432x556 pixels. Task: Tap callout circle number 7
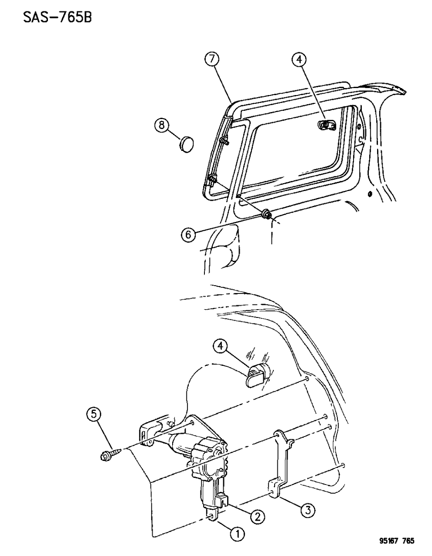tap(212, 60)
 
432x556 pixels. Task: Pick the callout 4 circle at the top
tap(299, 60)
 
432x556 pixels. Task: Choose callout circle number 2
tap(257, 517)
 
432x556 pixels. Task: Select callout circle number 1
tap(238, 533)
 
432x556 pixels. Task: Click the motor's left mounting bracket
tap(148, 431)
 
